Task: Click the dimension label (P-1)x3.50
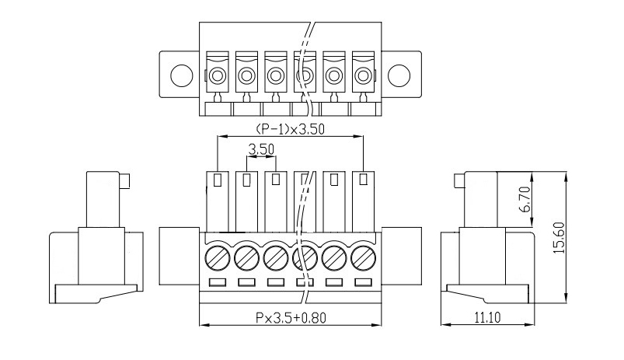pyautogui.click(x=290, y=129)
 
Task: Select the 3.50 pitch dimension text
pyautogui.click(x=261, y=149)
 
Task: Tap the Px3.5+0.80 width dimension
pyautogui.click(x=291, y=318)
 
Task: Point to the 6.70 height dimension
pyautogui.click(x=525, y=199)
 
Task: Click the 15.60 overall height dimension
pyautogui.click(x=560, y=238)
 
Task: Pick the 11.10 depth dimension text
pyautogui.click(x=488, y=317)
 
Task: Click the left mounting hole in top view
pyautogui.click(x=182, y=75)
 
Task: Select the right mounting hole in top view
pyautogui.click(x=399, y=75)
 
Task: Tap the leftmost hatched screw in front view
pyautogui.click(x=218, y=258)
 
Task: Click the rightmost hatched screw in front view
pyautogui.click(x=364, y=258)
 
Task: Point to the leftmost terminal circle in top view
pyautogui.click(x=218, y=75)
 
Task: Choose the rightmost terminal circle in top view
pyautogui.click(x=364, y=75)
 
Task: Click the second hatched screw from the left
pyautogui.click(x=247, y=258)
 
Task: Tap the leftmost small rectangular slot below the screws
pyautogui.click(x=218, y=282)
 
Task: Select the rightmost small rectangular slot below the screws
pyautogui.click(x=364, y=282)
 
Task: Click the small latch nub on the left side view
pyautogui.click(x=124, y=181)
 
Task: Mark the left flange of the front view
pyautogui.click(x=179, y=256)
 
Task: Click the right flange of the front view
pyautogui.click(x=402, y=256)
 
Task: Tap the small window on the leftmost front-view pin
pyautogui.click(x=218, y=180)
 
